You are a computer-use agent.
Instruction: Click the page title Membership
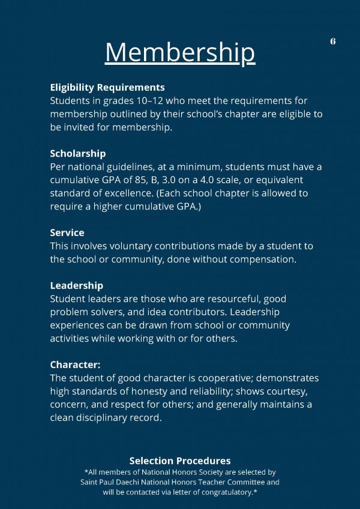click(180, 52)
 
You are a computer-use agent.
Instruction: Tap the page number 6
click(332, 41)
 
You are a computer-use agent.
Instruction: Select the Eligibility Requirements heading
click(107, 88)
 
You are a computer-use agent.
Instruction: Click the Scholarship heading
click(78, 154)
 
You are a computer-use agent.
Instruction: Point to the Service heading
click(67, 233)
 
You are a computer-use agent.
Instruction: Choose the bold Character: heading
click(75, 364)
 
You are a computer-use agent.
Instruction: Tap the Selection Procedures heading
click(180, 461)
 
